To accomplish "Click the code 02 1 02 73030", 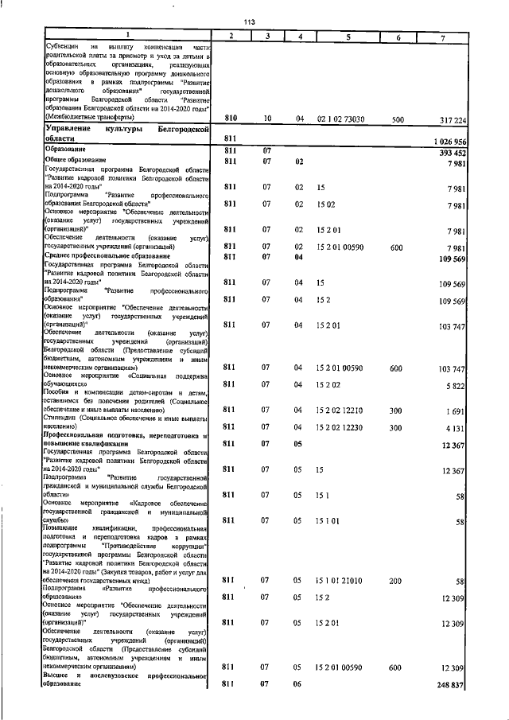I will (x=342, y=119).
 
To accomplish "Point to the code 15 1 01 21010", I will (x=343, y=582).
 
